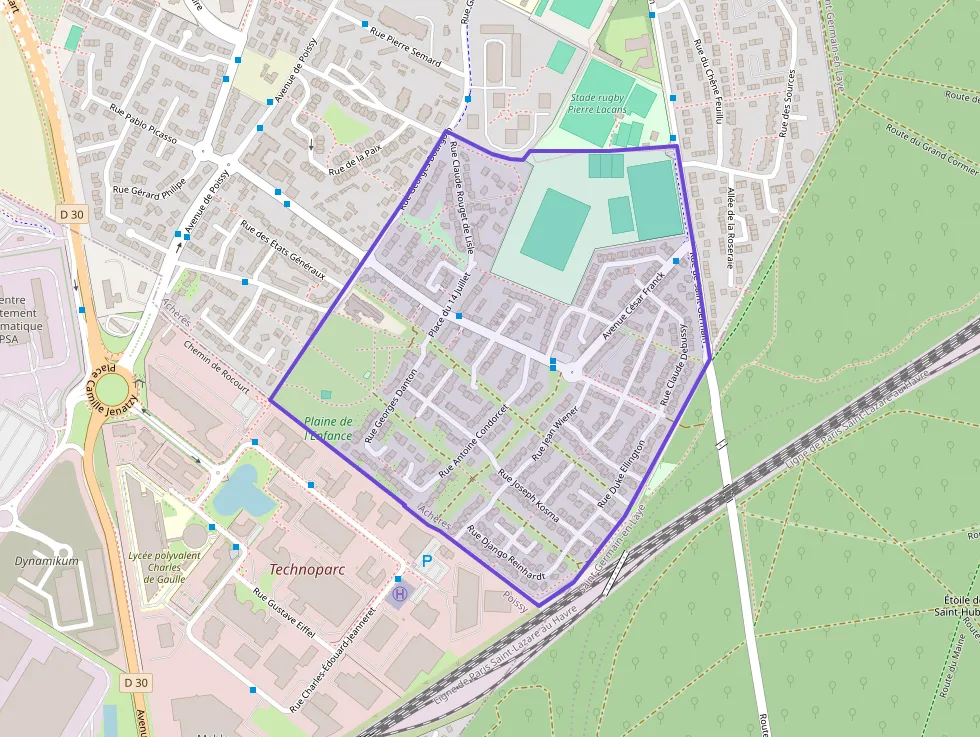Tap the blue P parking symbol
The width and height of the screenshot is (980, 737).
click(427, 562)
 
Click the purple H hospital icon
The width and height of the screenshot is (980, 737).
click(400, 593)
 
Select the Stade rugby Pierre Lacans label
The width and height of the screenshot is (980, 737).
click(597, 103)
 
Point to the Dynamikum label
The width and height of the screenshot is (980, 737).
click(47, 561)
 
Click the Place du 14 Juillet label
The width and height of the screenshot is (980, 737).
click(447, 304)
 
